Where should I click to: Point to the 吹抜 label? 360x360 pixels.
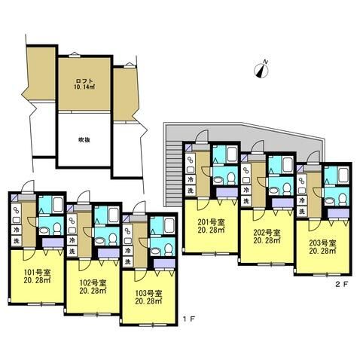84,139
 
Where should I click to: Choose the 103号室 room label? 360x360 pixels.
148,297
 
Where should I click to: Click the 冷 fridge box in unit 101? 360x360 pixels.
17,227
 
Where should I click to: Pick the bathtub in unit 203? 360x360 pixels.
333,176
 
